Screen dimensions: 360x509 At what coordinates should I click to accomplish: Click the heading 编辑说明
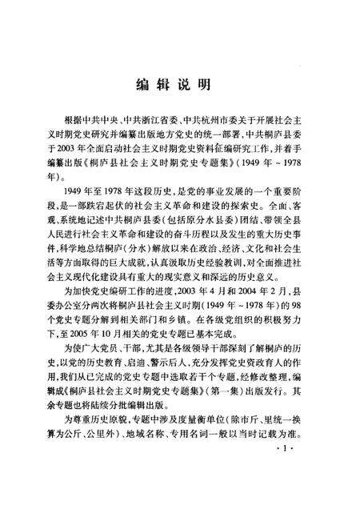179,83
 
